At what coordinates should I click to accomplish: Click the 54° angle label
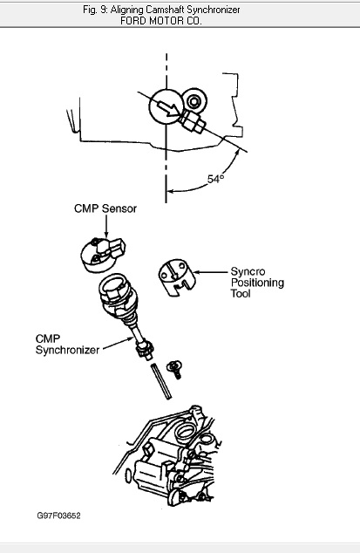pyautogui.click(x=215, y=179)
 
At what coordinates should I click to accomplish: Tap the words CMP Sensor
pyautogui.click(x=105, y=208)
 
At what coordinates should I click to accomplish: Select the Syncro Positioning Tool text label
pyautogui.click(x=257, y=283)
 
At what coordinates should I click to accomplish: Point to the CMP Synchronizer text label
pyautogui.click(x=67, y=345)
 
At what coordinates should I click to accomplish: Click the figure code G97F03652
pyautogui.click(x=59, y=515)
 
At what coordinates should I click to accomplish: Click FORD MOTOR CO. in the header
pyautogui.click(x=160, y=21)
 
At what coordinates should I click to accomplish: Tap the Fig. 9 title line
pyautogui.click(x=161, y=10)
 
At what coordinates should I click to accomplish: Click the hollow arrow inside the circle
pyautogui.click(x=168, y=107)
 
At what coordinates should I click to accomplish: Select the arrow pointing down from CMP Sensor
pyautogui.click(x=106, y=226)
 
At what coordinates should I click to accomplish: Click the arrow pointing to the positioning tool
pyautogui.click(x=210, y=272)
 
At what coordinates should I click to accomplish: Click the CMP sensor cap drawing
pyautogui.click(x=102, y=255)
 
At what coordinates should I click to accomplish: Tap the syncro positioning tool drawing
pyautogui.click(x=176, y=277)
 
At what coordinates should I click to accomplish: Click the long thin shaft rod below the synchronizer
pyautogui.click(x=161, y=381)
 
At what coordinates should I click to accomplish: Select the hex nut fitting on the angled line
pyautogui.click(x=192, y=121)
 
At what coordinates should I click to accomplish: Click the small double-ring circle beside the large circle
pyautogui.click(x=194, y=101)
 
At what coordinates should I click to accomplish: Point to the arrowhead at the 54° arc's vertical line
pyautogui.click(x=170, y=192)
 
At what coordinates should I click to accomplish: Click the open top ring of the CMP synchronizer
pyautogui.click(x=112, y=284)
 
